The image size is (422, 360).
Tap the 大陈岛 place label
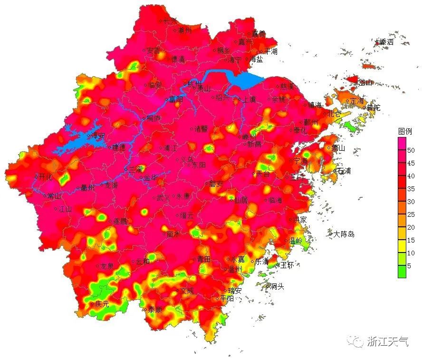(344, 234)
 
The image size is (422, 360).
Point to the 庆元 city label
(102, 303)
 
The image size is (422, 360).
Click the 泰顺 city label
(154, 310)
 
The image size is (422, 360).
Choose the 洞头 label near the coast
(277, 286)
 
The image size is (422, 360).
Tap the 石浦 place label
(344, 171)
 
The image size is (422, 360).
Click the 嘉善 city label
(259, 34)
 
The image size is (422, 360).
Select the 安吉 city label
(153, 50)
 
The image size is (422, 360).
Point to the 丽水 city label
(173, 234)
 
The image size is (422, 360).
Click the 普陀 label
(373, 108)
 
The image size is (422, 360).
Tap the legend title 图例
(404, 131)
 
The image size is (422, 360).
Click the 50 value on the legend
(411, 150)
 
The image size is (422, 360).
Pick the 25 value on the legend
(411, 214)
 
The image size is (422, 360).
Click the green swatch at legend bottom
(402, 272)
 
